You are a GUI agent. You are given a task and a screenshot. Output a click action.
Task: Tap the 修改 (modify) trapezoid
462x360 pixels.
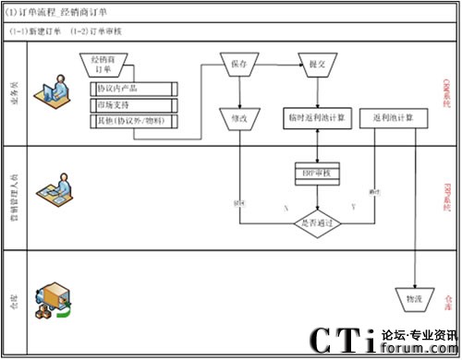coord(238,118)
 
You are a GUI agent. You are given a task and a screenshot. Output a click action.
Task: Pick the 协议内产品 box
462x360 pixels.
coord(135,90)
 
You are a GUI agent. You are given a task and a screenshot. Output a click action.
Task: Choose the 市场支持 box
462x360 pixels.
coord(135,105)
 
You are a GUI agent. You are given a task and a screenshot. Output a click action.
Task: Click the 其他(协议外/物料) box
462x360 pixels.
coord(135,121)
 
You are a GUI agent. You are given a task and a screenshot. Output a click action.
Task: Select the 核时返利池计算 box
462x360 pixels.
coord(318,119)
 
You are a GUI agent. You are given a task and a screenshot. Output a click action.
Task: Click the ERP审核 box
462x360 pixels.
coord(318,173)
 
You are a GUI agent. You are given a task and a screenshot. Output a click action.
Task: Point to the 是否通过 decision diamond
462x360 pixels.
coord(318,222)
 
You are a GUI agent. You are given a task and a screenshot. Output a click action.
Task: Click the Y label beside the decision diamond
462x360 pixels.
coord(353,207)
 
